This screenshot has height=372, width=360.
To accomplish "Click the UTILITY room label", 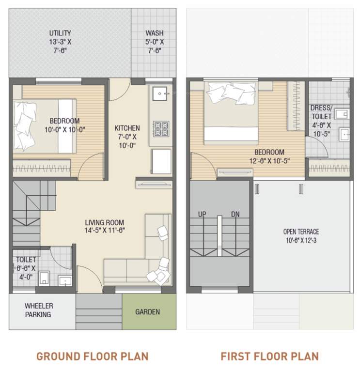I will click(x=60, y=33).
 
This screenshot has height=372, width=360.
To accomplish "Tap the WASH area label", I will click(x=154, y=33).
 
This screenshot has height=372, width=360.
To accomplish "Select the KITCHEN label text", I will click(x=127, y=128).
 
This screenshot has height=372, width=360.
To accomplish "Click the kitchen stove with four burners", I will click(x=161, y=128).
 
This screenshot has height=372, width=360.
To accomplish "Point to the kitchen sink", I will click(x=160, y=93).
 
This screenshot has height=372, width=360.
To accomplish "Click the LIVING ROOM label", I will click(x=105, y=222).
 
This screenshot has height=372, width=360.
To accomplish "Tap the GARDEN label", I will click(x=147, y=312).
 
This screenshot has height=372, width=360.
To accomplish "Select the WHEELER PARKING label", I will click(x=39, y=310).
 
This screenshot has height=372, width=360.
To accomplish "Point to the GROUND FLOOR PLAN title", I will click(x=92, y=356).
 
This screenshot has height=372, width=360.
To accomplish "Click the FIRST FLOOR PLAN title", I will click(x=269, y=356).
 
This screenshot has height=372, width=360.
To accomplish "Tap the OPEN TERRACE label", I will click(x=301, y=232).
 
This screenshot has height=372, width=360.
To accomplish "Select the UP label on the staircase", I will click(x=202, y=214).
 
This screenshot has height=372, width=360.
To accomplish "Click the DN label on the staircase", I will click(x=235, y=214).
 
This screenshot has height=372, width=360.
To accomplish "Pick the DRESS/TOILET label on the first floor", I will click(x=321, y=112).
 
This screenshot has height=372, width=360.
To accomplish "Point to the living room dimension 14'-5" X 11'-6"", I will click(x=105, y=231).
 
